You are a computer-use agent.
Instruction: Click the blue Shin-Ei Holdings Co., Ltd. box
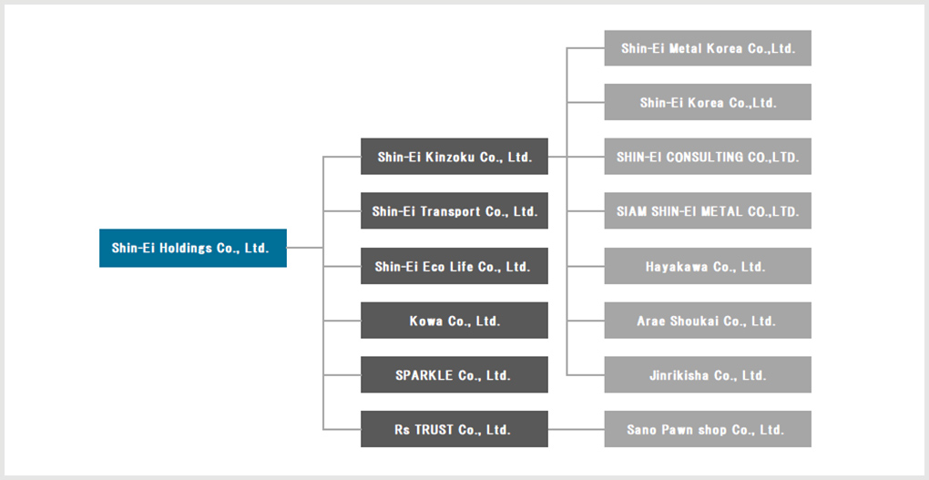tap(192, 248)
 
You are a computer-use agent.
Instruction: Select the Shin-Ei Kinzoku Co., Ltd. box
tap(454, 157)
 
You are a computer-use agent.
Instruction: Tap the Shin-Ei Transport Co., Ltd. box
tap(454, 211)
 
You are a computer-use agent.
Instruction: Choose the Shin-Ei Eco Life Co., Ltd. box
tap(454, 266)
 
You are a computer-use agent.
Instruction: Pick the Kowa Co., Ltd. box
tap(454, 321)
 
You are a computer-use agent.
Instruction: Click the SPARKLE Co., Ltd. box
tap(454, 375)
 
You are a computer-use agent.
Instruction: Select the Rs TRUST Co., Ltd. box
tap(454, 429)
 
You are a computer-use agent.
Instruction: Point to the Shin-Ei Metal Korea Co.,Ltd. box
tap(708, 48)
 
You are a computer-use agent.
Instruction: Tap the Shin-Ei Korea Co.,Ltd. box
tap(708, 102)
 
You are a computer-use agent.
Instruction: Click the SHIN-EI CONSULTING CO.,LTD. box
tap(708, 157)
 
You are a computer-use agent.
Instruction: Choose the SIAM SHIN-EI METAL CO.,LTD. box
tap(708, 211)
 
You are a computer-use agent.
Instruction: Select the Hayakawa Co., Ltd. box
tap(708, 266)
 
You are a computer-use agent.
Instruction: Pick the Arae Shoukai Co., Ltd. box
tap(708, 321)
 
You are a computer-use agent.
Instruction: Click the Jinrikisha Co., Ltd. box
tap(708, 375)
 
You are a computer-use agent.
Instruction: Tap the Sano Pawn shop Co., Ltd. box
tap(708, 429)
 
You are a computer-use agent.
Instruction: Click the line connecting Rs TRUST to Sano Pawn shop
tap(576, 429)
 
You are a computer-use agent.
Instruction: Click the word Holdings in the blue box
tap(186, 248)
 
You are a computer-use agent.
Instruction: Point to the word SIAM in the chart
tap(631, 211)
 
